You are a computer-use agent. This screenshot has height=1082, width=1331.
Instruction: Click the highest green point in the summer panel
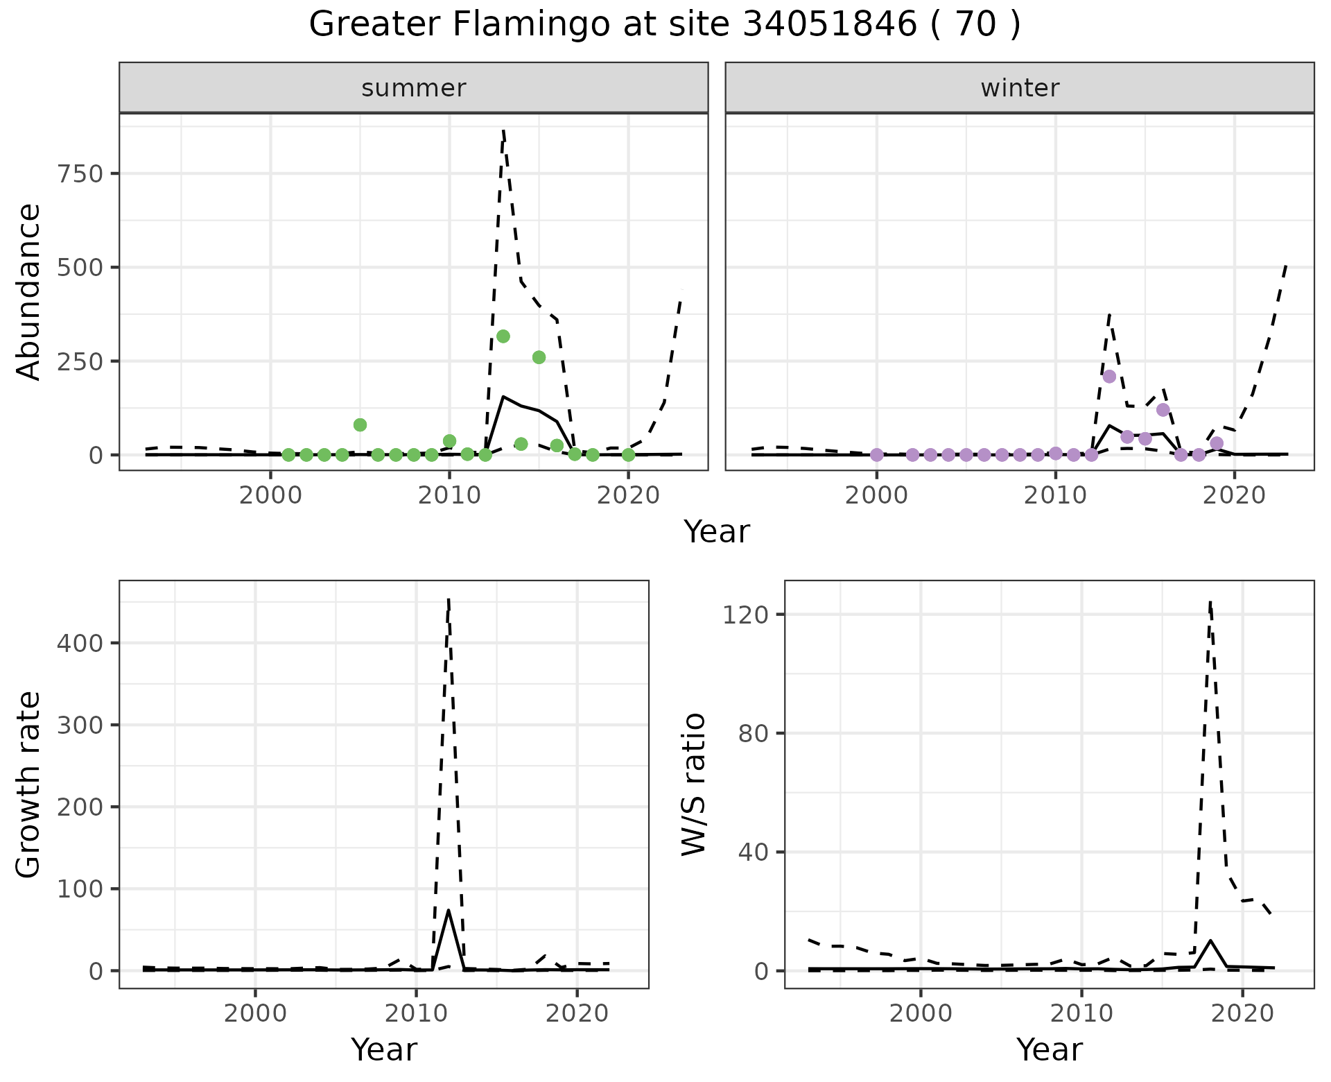[x=503, y=336]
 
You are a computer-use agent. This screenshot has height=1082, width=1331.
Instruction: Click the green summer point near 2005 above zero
[x=360, y=424]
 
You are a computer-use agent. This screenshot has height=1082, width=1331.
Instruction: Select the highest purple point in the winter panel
[x=1109, y=376]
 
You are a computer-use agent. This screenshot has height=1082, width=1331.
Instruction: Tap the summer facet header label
[x=414, y=88]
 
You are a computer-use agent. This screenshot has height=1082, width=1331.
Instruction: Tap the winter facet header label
[x=1020, y=88]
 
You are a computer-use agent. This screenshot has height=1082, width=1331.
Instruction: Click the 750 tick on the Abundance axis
[x=82, y=173]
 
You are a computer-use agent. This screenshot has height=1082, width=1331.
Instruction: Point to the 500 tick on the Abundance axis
[x=82, y=267]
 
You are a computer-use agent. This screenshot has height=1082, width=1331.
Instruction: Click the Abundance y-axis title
[x=29, y=291]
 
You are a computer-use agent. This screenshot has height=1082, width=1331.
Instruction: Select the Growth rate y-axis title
[x=29, y=784]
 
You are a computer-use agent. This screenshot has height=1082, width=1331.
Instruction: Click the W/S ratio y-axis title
[x=694, y=784]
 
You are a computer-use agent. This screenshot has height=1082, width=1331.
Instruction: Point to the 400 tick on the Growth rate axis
[x=82, y=643]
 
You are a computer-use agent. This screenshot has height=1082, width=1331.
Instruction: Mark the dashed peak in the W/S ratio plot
[x=1210, y=602]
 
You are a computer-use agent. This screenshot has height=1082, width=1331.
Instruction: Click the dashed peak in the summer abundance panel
[x=503, y=130]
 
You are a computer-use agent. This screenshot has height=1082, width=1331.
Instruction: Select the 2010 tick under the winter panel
[x=1055, y=497]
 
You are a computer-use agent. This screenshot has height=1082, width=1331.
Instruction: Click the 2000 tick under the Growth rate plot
[x=255, y=1014]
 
